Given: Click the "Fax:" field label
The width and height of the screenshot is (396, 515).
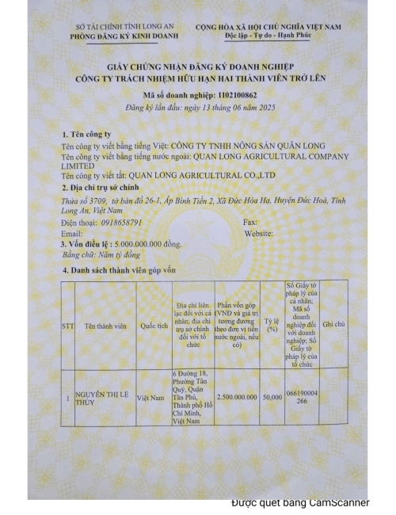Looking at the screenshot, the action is pyautogui.click(x=250, y=224).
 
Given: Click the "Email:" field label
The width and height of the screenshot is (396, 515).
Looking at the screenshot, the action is pyautogui.click(x=72, y=235).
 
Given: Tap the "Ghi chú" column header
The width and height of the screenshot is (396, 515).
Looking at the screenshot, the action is pyautogui.click(x=334, y=326).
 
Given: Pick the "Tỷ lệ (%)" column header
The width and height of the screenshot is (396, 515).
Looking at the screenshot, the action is pyautogui.click(x=272, y=326).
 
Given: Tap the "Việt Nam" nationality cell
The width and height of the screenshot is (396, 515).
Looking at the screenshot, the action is pyautogui.click(x=153, y=397).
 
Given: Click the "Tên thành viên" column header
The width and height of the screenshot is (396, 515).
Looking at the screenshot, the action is pyautogui.click(x=105, y=326).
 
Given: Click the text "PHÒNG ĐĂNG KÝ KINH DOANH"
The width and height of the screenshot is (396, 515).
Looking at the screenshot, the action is pyautogui.click(x=124, y=36).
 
